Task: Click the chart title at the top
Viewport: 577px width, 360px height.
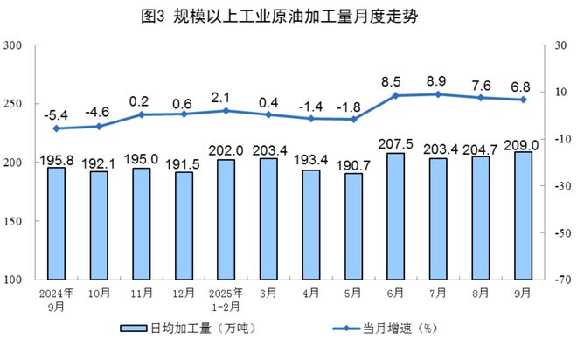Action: click(x=289, y=17)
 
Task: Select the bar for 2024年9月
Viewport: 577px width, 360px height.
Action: click(x=56, y=223)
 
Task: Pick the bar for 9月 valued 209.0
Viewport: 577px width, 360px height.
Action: click(x=523, y=215)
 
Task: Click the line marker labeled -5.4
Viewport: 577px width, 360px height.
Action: click(x=56, y=128)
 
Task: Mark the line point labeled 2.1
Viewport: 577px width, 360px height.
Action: click(x=226, y=110)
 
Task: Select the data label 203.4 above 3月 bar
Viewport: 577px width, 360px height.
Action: click(x=268, y=149)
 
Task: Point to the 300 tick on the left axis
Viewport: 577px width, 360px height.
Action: click(x=14, y=45)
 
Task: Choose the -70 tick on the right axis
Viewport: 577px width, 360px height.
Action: click(x=561, y=280)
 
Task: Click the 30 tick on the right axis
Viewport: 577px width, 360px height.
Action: click(x=560, y=45)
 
